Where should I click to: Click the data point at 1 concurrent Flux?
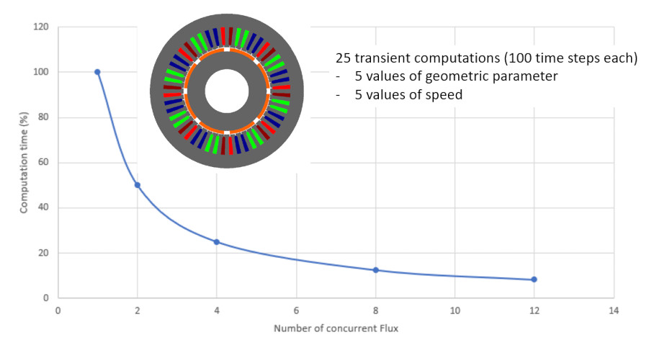97,72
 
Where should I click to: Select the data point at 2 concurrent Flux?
137,185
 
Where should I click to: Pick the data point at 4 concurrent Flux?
216,242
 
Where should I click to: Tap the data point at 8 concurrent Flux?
375,270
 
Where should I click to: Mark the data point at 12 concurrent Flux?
534,279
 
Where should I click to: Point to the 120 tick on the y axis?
41,27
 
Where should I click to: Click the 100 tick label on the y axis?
41,72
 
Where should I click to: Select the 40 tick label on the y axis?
43,207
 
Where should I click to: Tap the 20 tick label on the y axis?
43,253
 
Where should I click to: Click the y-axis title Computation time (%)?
24,162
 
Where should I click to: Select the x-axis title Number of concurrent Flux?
335,329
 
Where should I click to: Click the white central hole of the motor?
227,91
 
